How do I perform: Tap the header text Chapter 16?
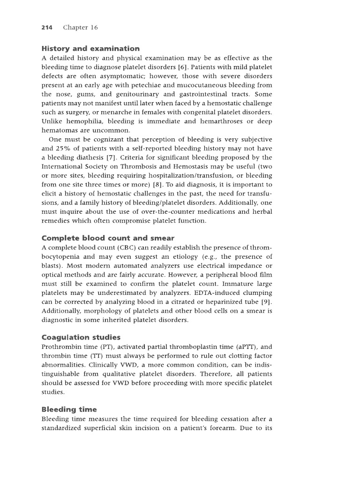(80, 28)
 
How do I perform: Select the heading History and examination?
(90, 48)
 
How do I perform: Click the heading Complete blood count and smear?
(108, 238)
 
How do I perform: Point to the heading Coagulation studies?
(81, 337)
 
